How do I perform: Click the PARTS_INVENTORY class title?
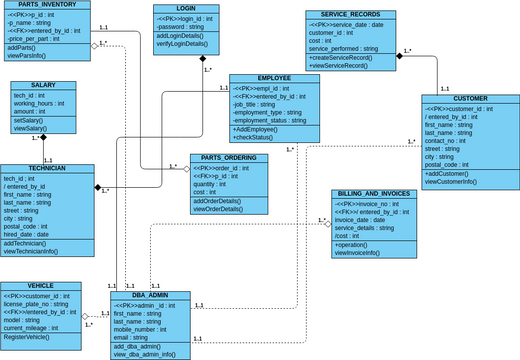tap(41, 5)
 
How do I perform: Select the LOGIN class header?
tap(186, 8)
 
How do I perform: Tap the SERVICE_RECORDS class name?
tap(350, 15)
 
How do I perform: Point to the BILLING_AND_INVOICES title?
tap(373, 193)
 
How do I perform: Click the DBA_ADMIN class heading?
tap(150, 296)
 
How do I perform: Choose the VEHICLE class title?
tap(41, 286)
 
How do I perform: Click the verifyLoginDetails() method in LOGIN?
tap(184, 42)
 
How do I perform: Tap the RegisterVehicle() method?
tap(29, 337)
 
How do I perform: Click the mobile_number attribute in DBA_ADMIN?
tap(140, 329)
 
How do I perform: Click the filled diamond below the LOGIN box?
tap(202, 57)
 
